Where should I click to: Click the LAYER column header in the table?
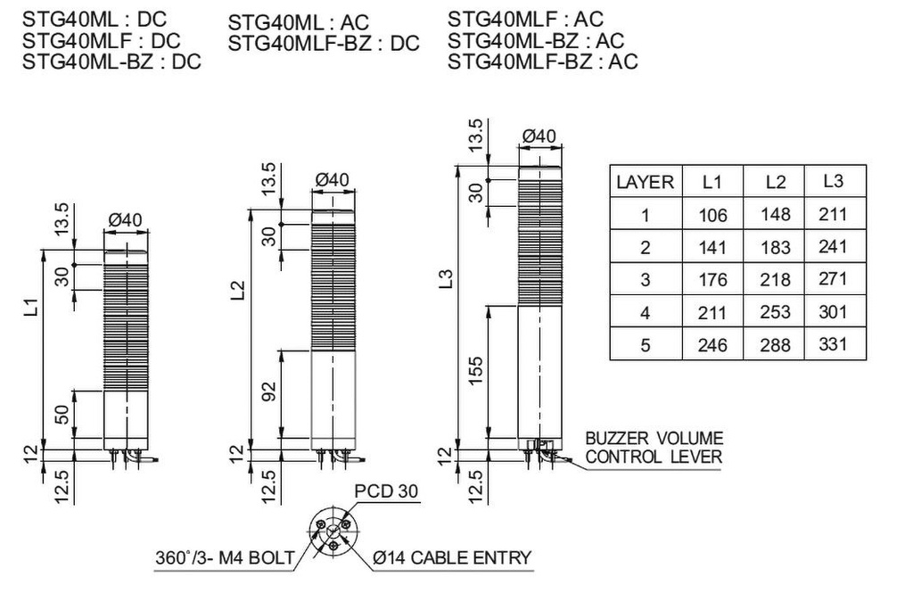[x=645, y=182]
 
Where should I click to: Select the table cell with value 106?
[x=712, y=215]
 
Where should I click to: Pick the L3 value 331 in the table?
[x=833, y=344]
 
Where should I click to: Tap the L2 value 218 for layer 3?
[x=775, y=279]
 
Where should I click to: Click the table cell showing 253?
[x=775, y=312]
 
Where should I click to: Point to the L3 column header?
[x=833, y=181]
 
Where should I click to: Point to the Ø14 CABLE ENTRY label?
[x=452, y=559]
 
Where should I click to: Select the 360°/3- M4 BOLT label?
[x=224, y=559]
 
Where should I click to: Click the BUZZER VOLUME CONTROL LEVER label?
[x=654, y=448]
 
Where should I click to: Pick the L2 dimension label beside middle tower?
[x=237, y=290]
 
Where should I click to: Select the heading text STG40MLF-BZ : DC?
[x=323, y=44]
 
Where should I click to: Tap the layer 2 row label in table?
[x=645, y=247]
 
